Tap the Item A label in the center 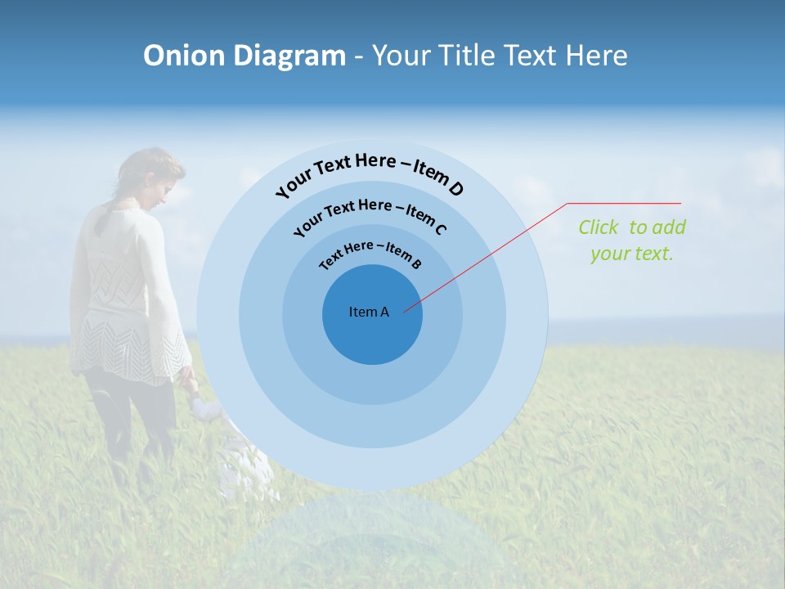coord(369,312)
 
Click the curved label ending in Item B coord(371,254)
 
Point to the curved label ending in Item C coord(370,215)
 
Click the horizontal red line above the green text coord(624,203)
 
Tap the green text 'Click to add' coord(632,227)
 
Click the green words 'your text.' coord(631,254)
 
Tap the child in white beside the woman coord(241,458)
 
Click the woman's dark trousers coord(131,417)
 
